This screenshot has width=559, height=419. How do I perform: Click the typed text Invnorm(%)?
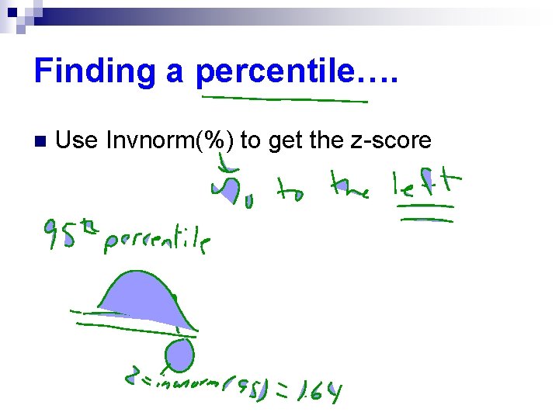tap(170, 140)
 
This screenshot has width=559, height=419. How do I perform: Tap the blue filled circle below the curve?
tap(180, 355)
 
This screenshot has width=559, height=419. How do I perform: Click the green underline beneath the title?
tap(284, 99)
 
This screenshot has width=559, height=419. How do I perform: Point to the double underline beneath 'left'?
tap(425, 213)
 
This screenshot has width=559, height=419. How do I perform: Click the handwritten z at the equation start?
tap(134, 378)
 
